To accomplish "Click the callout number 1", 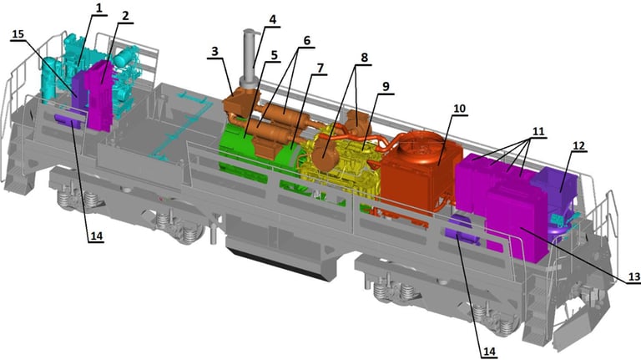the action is coord(98,8).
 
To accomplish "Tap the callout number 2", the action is coord(125,16).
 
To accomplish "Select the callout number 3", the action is coord(215,51).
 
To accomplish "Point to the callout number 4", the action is coord(273,19).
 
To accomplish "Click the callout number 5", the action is coord(274,54).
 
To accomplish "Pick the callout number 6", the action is coord(306,40).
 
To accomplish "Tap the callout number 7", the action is coord(320,68).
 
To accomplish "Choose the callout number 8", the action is coord(363,58).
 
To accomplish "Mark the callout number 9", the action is coord(386,86).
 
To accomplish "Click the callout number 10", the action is coord(460,109).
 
